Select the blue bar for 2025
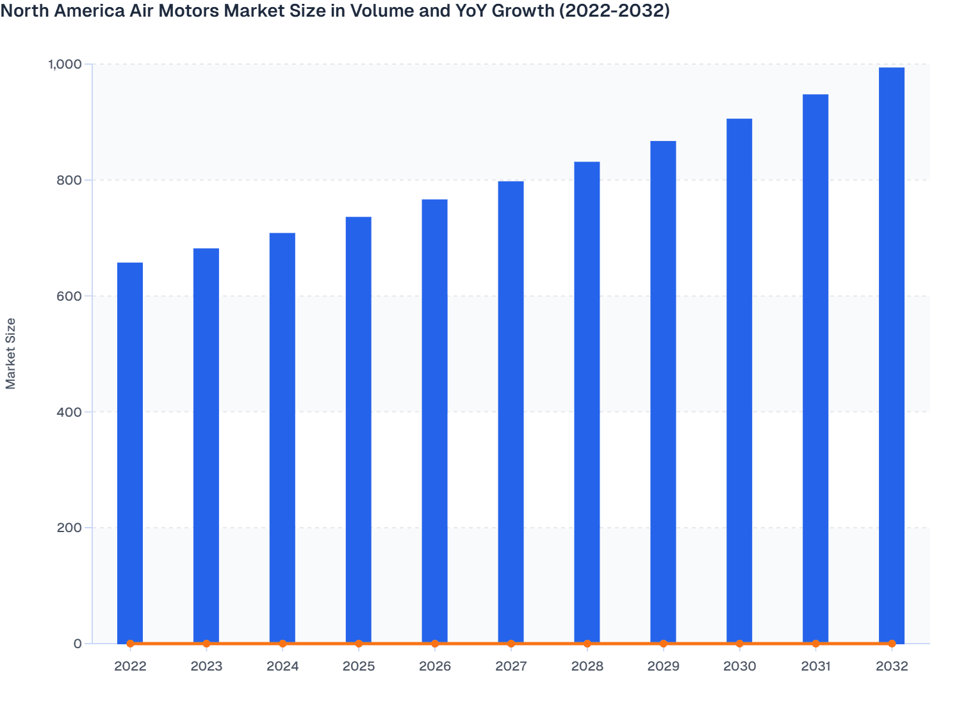coord(359,430)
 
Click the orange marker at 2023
coord(206,643)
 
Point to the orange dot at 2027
coord(511,643)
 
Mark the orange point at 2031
coord(815,643)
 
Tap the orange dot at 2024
coord(282,643)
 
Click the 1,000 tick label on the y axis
coord(65,64)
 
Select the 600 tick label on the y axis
coord(69,296)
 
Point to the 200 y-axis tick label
coord(69,528)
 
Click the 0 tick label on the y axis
coord(78,644)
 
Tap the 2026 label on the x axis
coord(435,666)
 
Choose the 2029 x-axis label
coord(663,666)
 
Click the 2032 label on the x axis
coord(892,666)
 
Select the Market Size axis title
coord(11,353)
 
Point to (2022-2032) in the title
coord(614,11)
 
